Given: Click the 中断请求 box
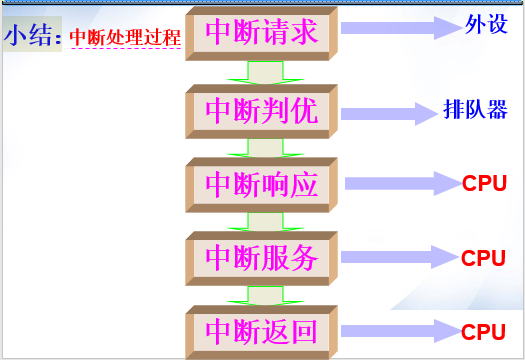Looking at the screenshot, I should pos(262,33).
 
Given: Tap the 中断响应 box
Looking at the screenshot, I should pos(262,184).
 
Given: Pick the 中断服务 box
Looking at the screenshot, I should pos(262,259).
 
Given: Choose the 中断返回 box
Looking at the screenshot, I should pos(262,331).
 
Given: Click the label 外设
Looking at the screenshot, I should pos(486,24).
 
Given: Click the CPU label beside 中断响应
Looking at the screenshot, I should pos(484,184).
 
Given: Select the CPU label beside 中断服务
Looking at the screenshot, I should pos(484,258).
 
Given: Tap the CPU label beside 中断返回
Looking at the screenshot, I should pos(484,331).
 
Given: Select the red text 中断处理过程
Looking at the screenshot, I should pos(124,39).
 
